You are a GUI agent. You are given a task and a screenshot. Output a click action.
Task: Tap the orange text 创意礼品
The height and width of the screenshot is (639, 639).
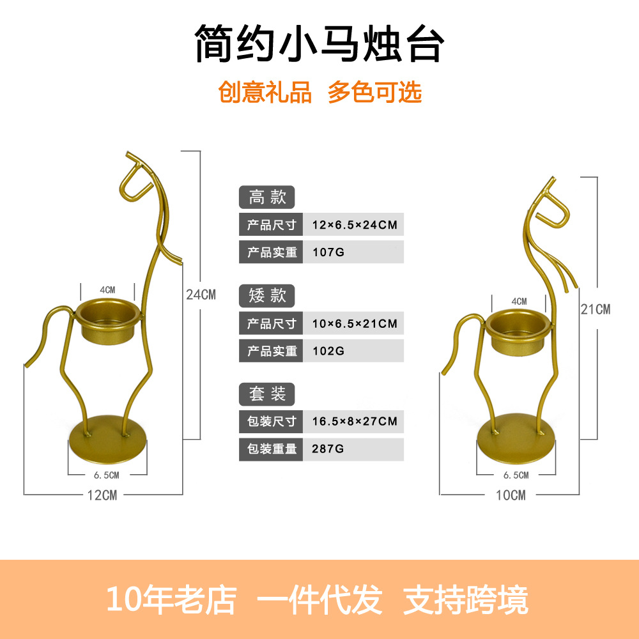click(265, 93)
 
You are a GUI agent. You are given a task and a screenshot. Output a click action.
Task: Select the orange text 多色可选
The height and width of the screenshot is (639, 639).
click(375, 93)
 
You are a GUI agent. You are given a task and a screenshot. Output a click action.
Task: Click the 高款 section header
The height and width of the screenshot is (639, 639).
click(267, 197)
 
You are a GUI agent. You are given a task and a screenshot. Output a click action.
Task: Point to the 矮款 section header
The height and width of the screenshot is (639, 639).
click(267, 295)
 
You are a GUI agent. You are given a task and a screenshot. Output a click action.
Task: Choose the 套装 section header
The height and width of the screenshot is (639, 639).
click(267, 393)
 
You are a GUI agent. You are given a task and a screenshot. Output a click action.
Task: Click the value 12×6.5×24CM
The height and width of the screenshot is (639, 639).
click(355, 225)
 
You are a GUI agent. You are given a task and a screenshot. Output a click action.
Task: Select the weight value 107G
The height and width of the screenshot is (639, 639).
click(328, 252)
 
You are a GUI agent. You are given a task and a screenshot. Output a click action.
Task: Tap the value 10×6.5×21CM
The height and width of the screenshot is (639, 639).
click(355, 323)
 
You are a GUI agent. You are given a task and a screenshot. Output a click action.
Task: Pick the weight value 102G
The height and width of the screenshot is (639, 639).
click(328, 351)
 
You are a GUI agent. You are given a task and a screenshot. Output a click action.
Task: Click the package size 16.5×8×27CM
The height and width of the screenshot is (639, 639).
click(355, 421)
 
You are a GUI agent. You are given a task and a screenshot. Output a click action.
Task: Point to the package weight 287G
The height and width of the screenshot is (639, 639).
click(328, 449)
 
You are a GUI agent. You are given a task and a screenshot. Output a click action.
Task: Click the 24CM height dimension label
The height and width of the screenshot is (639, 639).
click(201, 295)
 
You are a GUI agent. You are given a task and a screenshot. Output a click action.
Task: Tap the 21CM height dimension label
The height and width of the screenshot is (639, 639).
click(596, 309)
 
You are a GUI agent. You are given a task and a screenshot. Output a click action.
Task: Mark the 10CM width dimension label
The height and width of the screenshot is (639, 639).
click(510, 495)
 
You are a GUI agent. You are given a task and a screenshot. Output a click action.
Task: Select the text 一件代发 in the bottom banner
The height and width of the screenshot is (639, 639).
click(319, 599)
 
